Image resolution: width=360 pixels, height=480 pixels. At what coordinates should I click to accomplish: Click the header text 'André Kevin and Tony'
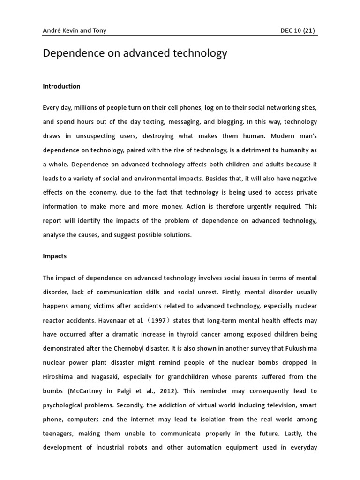pos(74,30)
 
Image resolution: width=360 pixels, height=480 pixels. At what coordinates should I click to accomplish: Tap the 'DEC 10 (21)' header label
pos(297,30)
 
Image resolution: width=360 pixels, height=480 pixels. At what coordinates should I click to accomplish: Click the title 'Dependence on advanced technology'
pos(135,53)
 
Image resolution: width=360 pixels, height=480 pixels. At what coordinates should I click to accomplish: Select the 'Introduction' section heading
pos(61,86)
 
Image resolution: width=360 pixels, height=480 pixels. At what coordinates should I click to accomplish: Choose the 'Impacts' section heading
pos(55,257)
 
